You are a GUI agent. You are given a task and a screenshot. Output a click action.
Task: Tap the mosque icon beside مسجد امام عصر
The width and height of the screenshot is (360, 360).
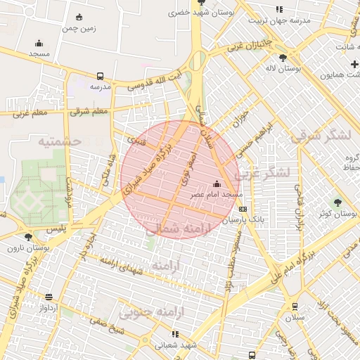pos(215,185)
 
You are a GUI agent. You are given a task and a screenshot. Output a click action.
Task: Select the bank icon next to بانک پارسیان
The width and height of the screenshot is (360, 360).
pos(243,209)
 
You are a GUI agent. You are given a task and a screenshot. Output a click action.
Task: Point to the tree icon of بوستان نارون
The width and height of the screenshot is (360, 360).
pos(28,236)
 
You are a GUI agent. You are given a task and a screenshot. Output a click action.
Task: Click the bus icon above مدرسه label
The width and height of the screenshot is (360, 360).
pos(100,75)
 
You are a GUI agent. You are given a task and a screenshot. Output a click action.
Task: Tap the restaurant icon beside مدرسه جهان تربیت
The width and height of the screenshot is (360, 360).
pos(279,9)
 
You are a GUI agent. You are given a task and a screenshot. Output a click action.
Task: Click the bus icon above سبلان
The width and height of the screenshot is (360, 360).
pos(295,306)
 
